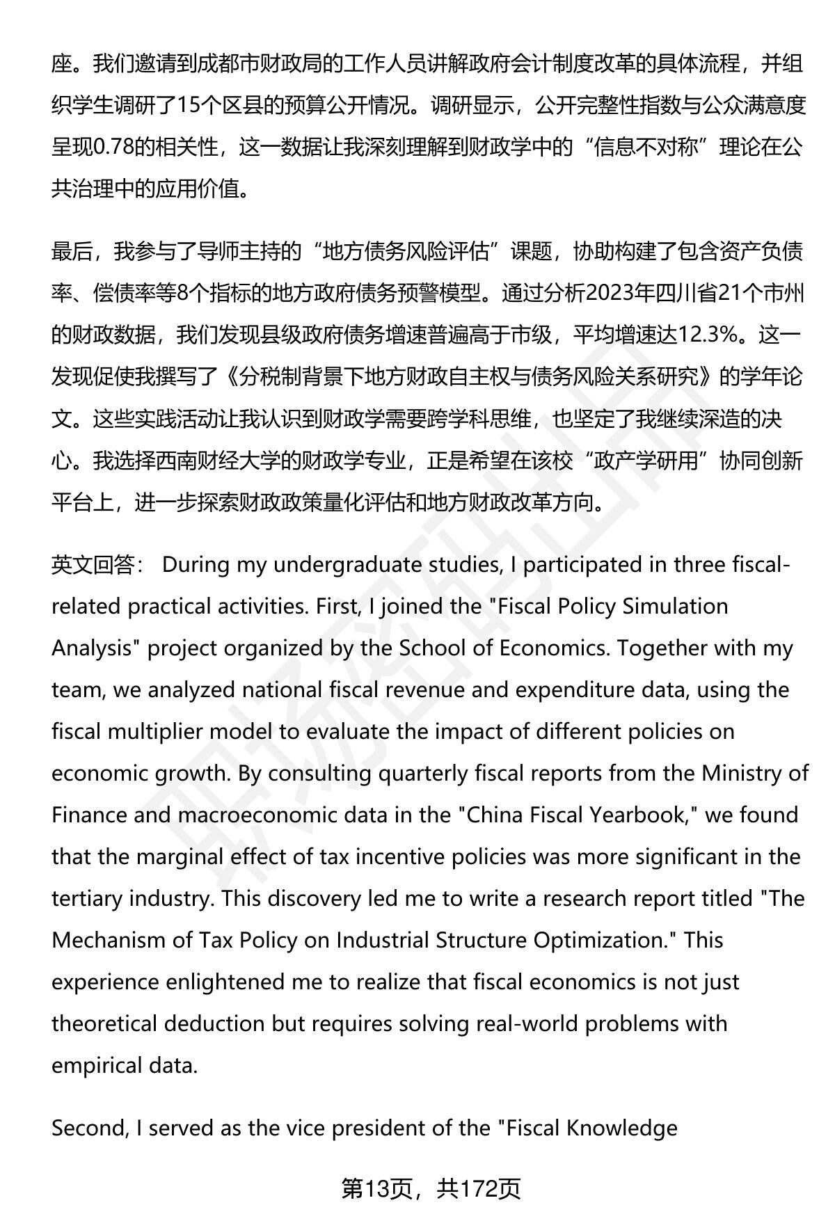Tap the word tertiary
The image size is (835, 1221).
[x=91, y=898]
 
